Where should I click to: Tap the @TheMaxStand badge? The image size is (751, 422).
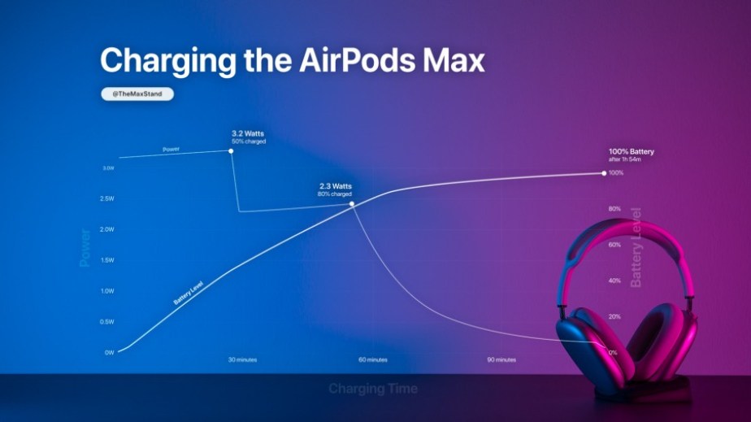[137, 94]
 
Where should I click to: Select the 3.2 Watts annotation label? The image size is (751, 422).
[249, 132]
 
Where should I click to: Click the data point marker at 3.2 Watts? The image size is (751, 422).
[232, 150]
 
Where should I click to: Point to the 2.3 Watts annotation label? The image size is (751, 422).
[336, 186]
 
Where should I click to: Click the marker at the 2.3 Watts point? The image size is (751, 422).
[352, 203]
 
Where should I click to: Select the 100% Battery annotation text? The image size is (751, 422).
[631, 152]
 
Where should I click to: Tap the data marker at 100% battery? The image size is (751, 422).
[604, 172]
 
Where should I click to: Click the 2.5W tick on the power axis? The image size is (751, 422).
[106, 198]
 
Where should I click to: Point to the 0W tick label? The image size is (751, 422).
[108, 352]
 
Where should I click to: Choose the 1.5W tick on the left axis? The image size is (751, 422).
[106, 260]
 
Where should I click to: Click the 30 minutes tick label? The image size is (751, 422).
[241, 359]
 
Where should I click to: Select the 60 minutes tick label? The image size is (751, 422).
[373, 359]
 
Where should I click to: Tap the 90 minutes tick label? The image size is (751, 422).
[501, 359]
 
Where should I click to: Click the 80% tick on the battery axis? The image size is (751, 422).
[614, 209]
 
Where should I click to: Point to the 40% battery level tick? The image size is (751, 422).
[614, 281]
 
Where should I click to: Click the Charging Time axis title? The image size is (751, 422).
[373, 389]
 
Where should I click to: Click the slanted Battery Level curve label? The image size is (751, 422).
[188, 294]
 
